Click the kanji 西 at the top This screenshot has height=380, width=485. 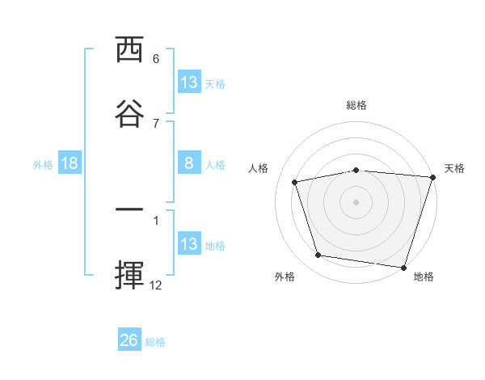click(x=129, y=50)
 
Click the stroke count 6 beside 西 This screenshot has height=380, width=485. click(x=156, y=59)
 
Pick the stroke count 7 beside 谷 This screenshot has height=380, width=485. click(x=156, y=123)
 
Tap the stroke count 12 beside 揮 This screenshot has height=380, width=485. click(x=156, y=285)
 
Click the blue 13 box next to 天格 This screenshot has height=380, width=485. click(x=189, y=82)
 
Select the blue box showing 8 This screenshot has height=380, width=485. click(x=189, y=163)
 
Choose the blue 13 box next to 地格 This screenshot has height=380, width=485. click(x=189, y=244)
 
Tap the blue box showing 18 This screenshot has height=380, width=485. click(x=70, y=163)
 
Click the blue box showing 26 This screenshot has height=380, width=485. click(x=129, y=340)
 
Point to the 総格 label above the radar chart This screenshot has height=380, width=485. click(x=356, y=105)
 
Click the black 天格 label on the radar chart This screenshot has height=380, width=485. click(x=454, y=168)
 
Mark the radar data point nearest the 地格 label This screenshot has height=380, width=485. click(x=403, y=267)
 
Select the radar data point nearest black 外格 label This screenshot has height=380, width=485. click(x=318, y=255)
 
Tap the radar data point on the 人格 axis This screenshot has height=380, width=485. click(x=295, y=182)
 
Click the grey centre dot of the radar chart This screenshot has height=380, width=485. click(x=356, y=201)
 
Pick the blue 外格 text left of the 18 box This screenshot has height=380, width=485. click(x=43, y=164)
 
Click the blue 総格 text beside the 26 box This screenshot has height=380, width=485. click(x=155, y=341)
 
